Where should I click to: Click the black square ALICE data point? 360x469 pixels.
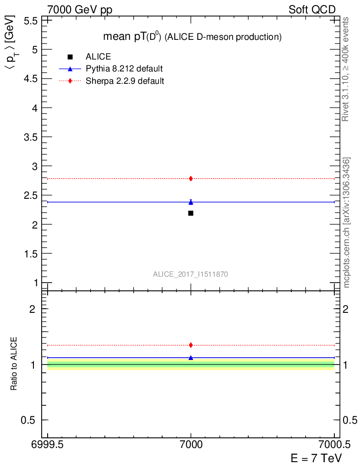tap(191, 213)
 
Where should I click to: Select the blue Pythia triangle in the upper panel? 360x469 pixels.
tap(191, 202)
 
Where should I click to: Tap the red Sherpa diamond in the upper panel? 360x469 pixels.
tap(191, 179)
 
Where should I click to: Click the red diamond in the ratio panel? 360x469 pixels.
tap(191, 345)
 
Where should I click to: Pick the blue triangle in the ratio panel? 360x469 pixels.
tap(191, 358)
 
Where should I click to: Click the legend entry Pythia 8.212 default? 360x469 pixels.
tap(124, 69)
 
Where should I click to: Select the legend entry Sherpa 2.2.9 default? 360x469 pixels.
tap(125, 81)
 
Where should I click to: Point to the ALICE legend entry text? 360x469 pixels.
tap(98, 57)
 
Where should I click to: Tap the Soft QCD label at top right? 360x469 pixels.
tap(312, 10)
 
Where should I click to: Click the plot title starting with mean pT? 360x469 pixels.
tap(191, 37)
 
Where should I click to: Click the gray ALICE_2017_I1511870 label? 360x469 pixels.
tap(191, 274)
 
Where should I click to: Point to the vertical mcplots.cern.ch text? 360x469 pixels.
tap(347, 223)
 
